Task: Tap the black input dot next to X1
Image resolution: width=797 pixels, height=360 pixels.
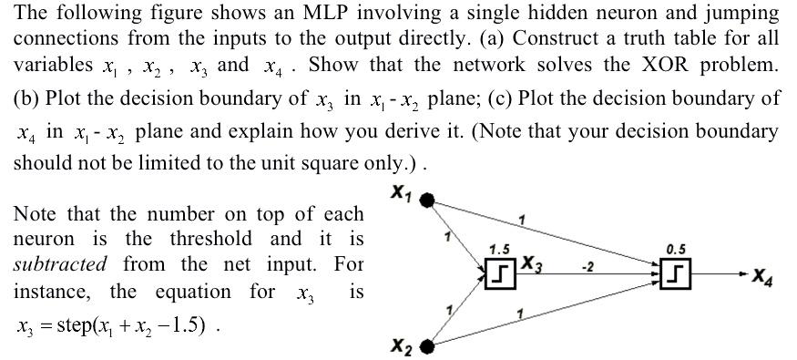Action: (426, 198)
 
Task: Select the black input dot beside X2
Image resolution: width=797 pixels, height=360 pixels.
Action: (426, 345)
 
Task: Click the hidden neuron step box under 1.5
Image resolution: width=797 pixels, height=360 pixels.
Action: (499, 271)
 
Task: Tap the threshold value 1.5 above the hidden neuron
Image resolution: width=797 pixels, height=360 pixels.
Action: (498, 249)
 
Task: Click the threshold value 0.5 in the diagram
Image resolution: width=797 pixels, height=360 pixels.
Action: (675, 248)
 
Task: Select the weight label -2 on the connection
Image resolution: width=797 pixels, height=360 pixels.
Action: (588, 266)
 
